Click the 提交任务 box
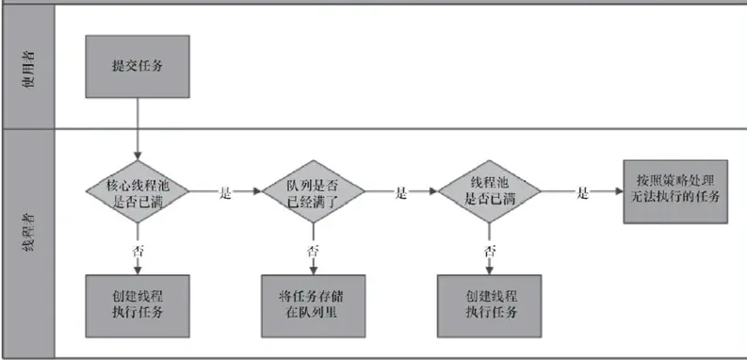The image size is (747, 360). click(138, 66)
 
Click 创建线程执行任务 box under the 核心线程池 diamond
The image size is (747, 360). click(138, 305)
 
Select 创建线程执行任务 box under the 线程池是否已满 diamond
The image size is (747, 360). click(490, 305)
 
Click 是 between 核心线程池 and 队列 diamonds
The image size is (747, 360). click(224, 192)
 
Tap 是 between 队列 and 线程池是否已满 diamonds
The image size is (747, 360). click(401, 192)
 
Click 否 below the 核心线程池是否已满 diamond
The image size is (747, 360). click(138, 251)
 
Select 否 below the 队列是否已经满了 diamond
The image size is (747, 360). click(312, 251)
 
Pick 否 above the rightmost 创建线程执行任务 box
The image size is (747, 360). click(490, 251)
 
